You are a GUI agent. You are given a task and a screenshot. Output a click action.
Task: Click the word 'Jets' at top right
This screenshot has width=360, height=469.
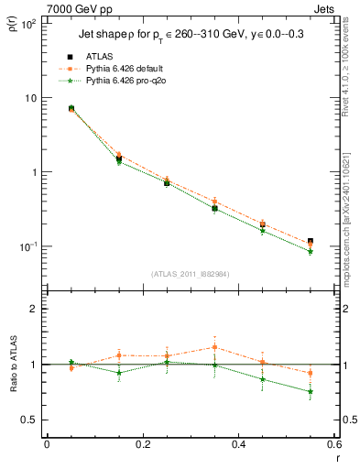click(326, 7)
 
